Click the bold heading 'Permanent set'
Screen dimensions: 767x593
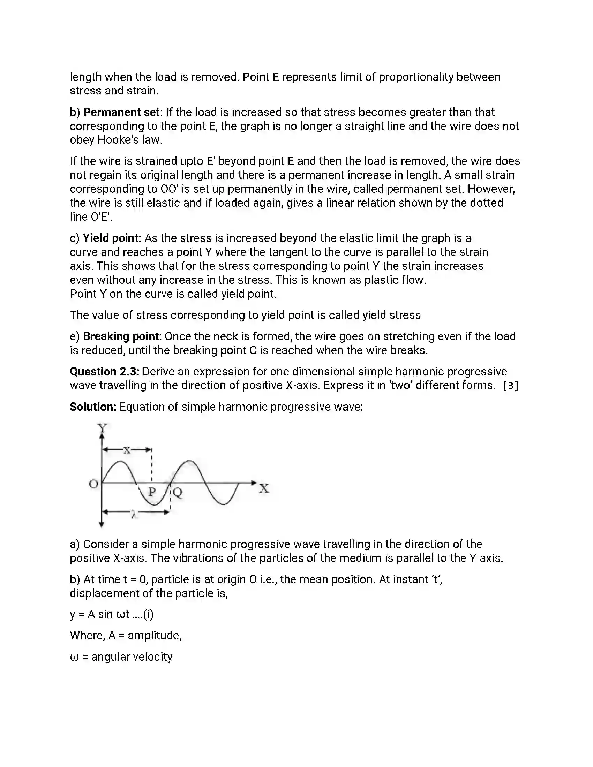[x=121, y=112]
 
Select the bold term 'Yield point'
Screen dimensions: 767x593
[x=110, y=238]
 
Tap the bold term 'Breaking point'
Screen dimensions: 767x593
[x=121, y=336]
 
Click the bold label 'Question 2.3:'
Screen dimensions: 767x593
[x=104, y=372]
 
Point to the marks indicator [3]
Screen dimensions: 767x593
[x=510, y=386]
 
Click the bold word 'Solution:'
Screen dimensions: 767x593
[x=93, y=407]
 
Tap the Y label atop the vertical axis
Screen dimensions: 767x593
[x=102, y=428]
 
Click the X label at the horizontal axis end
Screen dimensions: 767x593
[x=264, y=488]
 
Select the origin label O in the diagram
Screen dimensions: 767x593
[x=93, y=484]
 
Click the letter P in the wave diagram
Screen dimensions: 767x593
[x=152, y=492]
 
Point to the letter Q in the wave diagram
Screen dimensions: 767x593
[x=178, y=492]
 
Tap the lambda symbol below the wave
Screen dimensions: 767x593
[x=133, y=515]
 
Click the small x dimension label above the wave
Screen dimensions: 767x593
[x=127, y=450]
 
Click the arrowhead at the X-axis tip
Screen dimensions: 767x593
[x=254, y=483]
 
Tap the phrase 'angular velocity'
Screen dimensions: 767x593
[x=132, y=657]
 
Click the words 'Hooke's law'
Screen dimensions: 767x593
[x=129, y=140]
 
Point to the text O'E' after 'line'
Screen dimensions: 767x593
[x=101, y=217]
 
